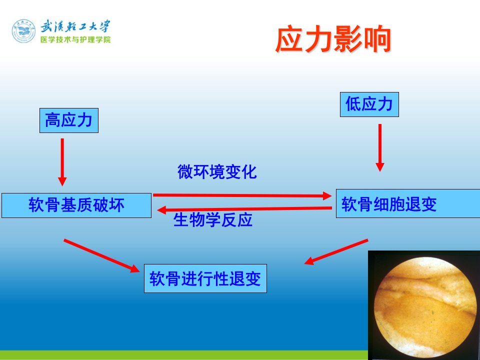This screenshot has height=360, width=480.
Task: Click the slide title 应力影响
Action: click(333, 39)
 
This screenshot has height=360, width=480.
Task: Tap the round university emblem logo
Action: click(23, 31)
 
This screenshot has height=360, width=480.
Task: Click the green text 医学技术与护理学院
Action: click(75, 40)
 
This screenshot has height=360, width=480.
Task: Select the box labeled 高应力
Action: click(69, 120)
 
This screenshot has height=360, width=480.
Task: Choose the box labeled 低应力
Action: click(369, 104)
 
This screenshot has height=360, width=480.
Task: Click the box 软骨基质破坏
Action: click(76, 205)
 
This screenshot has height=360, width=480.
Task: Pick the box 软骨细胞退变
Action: click(408, 203)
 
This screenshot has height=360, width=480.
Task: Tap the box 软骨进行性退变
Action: click(205, 278)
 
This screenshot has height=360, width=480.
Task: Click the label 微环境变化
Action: click(217, 171)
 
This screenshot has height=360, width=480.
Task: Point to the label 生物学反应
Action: click(213, 219)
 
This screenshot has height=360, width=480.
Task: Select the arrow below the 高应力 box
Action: click(62, 162)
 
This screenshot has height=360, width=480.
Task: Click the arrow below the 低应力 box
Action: click(380, 147)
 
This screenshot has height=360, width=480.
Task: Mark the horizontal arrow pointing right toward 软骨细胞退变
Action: click(242, 195)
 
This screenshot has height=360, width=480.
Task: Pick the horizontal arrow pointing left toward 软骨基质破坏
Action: click(244, 209)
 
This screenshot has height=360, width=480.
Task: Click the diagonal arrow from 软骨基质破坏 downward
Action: click(101, 255)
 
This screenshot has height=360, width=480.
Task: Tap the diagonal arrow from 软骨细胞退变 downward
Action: click(336, 251)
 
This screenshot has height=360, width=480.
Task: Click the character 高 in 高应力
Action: click(52, 120)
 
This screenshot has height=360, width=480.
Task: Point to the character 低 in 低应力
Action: click(353, 104)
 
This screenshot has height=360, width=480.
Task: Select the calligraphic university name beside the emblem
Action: click(75, 27)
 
